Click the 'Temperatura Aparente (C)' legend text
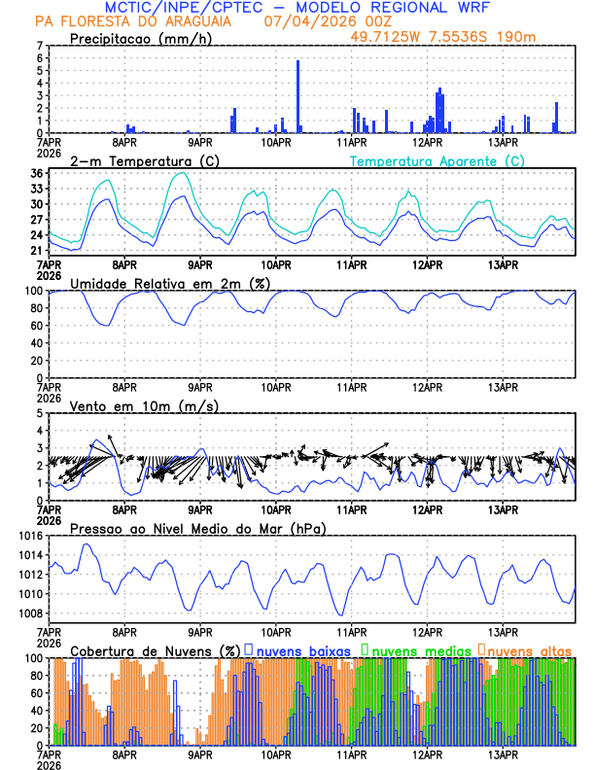pos(437,160)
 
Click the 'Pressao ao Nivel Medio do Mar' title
pos(197,528)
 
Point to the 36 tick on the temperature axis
pos(36,173)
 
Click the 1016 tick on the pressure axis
pos(30,536)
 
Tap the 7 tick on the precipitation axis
pos(40,46)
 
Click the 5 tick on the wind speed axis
pos(40,413)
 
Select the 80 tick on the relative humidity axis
pos(36,308)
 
